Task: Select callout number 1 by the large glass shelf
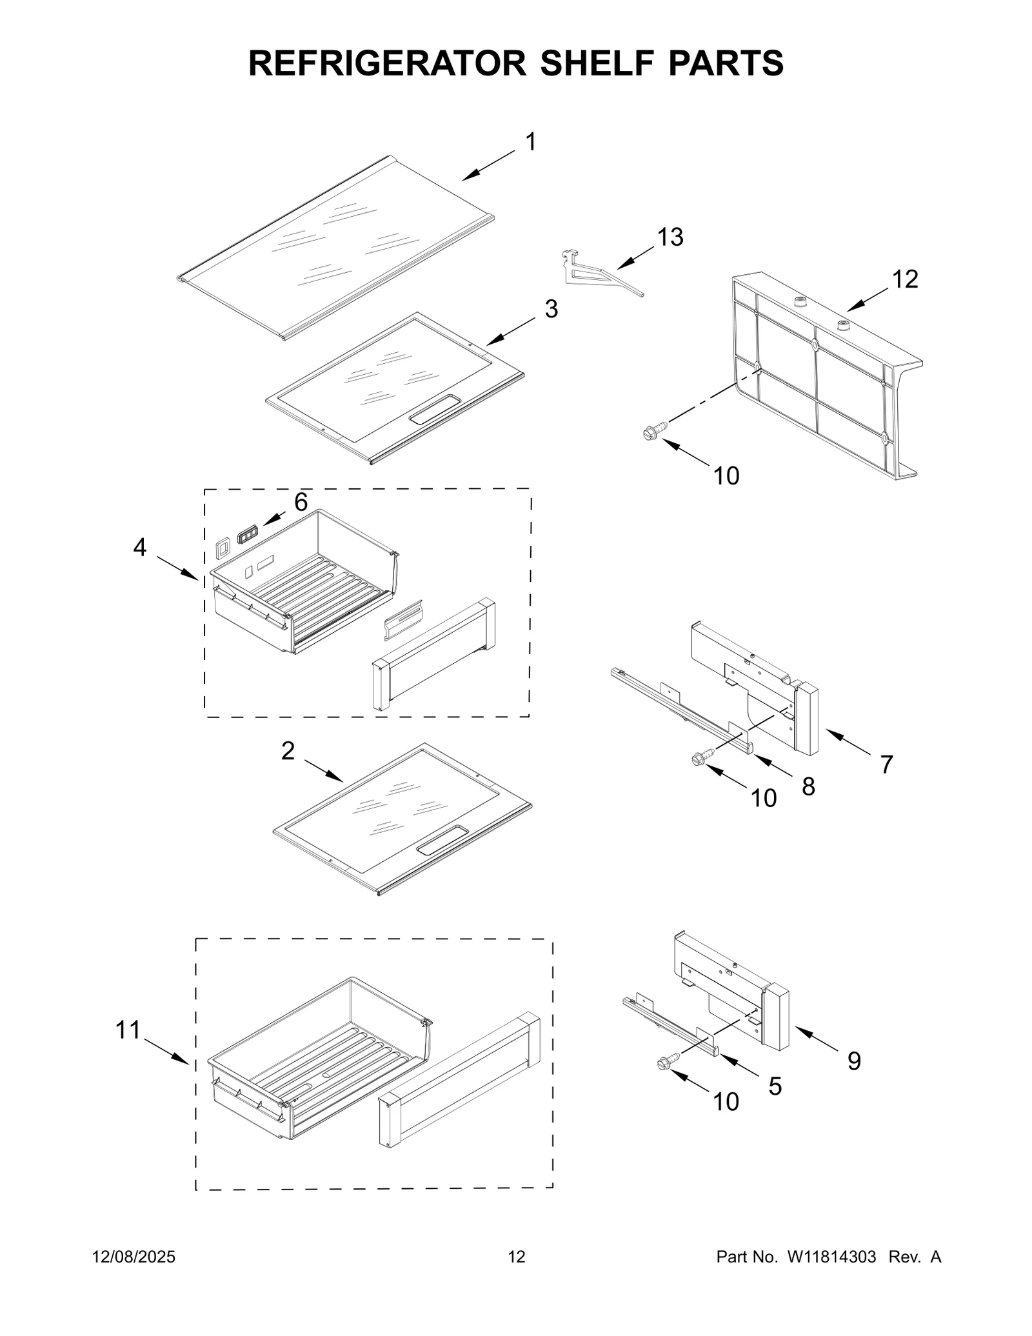pos(530,142)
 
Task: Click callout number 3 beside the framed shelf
pos(550,309)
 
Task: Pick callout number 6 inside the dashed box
pos(301,501)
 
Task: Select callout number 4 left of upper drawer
pos(140,548)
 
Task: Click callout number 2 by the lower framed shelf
pos(288,750)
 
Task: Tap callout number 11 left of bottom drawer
pos(128,1030)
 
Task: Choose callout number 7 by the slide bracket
pos(886,764)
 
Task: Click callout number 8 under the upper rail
pos(808,786)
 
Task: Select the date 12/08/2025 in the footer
pos(134,1257)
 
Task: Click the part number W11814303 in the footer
pos(831,1257)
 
